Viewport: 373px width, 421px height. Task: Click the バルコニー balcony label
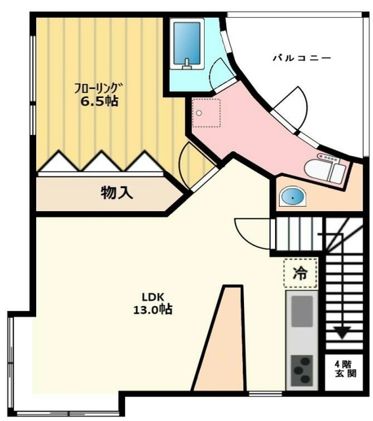pos(302,59)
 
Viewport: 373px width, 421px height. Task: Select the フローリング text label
pos(98,86)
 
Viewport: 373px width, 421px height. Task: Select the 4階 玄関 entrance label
pos(345,369)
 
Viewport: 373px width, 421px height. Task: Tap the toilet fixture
pos(328,170)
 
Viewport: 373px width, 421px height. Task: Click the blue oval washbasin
pos(291,197)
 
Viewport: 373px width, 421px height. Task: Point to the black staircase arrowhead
pos(341,333)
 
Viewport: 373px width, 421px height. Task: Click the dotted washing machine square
pos(206,113)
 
